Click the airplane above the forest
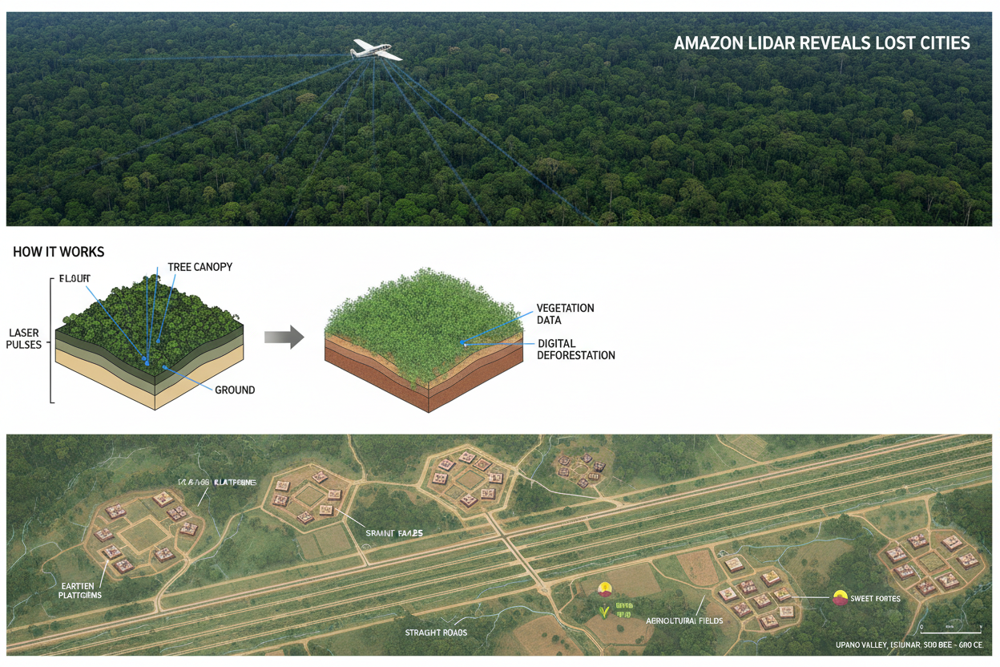(x=374, y=51)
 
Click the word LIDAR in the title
(x=761, y=43)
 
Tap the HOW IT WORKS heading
(x=58, y=252)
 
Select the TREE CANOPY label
(x=200, y=267)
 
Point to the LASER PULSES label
(x=25, y=338)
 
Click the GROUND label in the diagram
(x=235, y=390)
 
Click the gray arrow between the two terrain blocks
(x=284, y=338)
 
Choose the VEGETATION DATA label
(x=565, y=314)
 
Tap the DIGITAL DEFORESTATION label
(x=575, y=350)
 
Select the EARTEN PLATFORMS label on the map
(x=80, y=590)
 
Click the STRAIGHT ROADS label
(x=436, y=633)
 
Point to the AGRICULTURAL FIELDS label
(x=684, y=621)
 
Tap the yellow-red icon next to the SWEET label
(x=840, y=597)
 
